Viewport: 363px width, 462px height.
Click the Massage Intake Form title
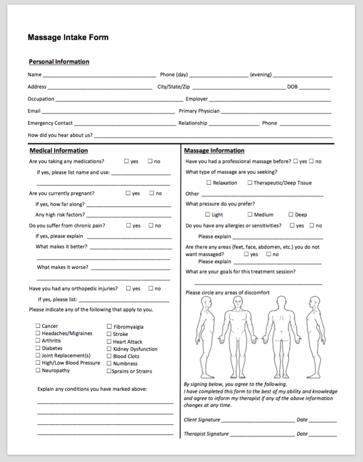tap(68, 37)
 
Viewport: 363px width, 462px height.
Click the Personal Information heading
tap(59, 62)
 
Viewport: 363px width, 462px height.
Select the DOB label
tap(292, 87)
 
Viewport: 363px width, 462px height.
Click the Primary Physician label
tap(199, 111)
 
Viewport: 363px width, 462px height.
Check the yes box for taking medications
tap(126, 161)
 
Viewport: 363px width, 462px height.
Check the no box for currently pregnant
tap(152, 193)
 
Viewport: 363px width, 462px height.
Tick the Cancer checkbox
tap(38, 326)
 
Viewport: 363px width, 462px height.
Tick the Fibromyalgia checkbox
tap(109, 327)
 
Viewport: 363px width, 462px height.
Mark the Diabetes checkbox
tap(38, 348)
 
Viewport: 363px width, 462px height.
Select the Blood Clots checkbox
tap(109, 356)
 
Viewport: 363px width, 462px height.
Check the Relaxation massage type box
tap(209, 183)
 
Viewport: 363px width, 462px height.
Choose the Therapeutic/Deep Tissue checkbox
tap(250, 183)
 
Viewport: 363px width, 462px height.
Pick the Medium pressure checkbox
tap(250, 214)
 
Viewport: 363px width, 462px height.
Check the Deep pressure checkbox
tap(291, 214)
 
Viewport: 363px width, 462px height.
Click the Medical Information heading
tap(58, 150)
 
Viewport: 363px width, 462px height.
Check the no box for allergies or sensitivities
tap(312, 225)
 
